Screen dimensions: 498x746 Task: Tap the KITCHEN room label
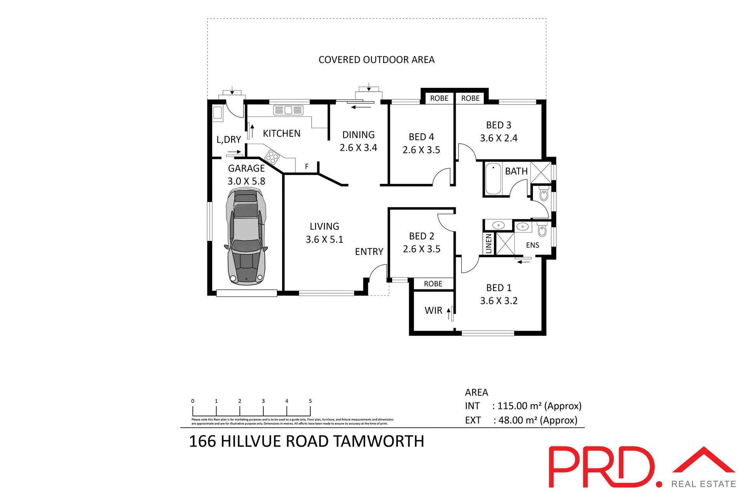tap(281, 134)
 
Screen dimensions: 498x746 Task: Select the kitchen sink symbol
tap(288, 110)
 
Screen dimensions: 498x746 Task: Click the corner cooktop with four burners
tap(272, 157)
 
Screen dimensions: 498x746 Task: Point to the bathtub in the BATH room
tap(493, 179)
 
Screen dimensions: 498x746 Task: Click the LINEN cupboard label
tap(489, 244)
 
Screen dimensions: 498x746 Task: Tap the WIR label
tap(433, 311)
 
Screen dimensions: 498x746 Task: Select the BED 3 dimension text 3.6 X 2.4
tap(498, 138)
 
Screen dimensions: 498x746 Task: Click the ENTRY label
tap(369, 252)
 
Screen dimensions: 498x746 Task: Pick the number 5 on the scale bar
tap(310, 401)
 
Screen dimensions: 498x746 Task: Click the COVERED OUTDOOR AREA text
tap(376, 60)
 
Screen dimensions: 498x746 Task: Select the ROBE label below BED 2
tap(433, 284)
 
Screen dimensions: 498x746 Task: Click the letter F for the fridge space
tap(307, 167)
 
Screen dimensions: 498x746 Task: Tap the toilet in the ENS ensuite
tap(542, 230)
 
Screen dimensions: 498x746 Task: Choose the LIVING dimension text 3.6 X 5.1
tap(324, 240)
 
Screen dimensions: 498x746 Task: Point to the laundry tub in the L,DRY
tap(217, 113)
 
